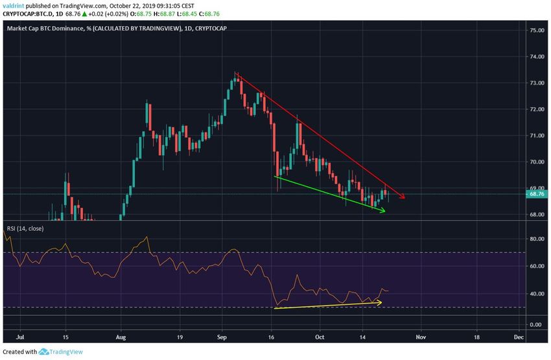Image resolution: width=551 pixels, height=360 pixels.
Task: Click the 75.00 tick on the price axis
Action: [x=535, y=30]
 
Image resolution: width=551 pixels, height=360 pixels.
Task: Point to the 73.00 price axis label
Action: [x=535, y=83]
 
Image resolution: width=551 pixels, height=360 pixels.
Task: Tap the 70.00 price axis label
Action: [x=535, y=162]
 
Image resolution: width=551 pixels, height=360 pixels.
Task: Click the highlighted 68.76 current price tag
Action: [x=535, y=193]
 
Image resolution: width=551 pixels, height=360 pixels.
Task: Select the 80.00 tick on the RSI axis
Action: [x=535, y=239]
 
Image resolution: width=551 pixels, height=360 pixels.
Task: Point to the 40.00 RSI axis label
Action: [x=535, y=294]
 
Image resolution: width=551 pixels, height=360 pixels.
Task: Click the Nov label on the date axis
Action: [x=421, y=337]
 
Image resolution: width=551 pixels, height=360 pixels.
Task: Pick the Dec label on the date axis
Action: [x=519, y=337]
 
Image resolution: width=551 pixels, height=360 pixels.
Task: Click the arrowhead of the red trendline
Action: [x=403, y=197]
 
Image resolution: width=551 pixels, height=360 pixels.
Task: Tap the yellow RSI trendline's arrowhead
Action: [x=379, y=302]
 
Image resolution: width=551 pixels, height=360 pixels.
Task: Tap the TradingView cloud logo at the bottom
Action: [x=43, y=352]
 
